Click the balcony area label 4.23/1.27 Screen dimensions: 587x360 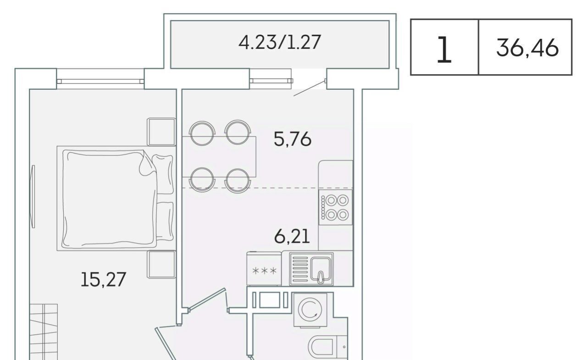pyautogui.click(x=280, y=42)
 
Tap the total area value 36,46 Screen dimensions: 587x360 pyautogui.click(x=527, y=48)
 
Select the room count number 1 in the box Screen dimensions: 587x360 pyautogui.click(x=444, y=50)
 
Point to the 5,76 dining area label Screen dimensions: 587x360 pyautogui.click(x=293, y=139)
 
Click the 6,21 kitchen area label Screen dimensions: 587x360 pyautogui.click(x=292, y=236)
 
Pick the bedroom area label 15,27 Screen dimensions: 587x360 pyautogui.click(x=104, y=280)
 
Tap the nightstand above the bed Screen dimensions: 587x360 pyautogui.click(x=161, y=132)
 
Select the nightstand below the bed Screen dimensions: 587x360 pyautogui.click(x=161, y=264)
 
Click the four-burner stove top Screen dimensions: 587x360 pyautogui.click(x=335, y=207)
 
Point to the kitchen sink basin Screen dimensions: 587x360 pyautogui.click(x=321, y=269)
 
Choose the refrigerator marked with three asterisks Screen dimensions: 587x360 pyautogui.click(x=264, y=269)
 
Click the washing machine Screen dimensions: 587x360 pyautogui.click(x=310, y=310)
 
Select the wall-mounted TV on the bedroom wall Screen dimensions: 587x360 pyautogui.click(x=33, y=196)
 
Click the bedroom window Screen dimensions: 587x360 pyautogui.click(x=100, y=81)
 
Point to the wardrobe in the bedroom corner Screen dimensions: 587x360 pyautogui.click(x=44, y=332)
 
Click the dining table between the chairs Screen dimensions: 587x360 pyautogui.click(x=219, y=157)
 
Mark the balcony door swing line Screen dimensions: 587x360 pyautogui.click(x=309, y=89)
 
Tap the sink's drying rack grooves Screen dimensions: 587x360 pyautogui.click(x=300, y=269)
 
